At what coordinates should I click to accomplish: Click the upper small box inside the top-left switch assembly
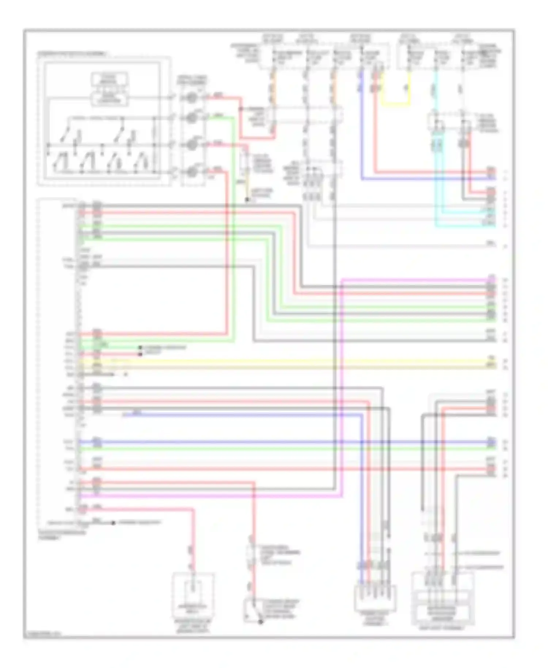coord(109,79)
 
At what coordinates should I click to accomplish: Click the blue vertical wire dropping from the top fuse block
coord(362,128)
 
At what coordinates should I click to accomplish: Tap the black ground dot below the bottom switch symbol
coord(260,622)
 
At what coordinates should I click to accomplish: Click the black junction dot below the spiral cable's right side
coord(247,200)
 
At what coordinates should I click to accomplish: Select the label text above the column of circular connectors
coord(192,80)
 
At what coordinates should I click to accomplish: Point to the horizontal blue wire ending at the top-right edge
coord(427,179)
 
